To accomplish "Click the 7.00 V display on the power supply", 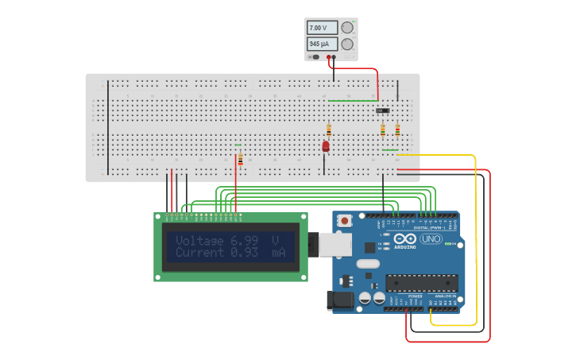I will point(322,27).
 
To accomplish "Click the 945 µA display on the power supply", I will point(322,44).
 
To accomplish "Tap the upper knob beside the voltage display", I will point(347,27).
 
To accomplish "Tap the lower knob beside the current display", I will point(347,44).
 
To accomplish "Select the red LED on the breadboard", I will point(326,146).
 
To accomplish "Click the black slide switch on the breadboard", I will point(383,110).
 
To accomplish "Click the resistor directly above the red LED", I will point(329,130).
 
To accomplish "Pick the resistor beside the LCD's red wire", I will point(241,160).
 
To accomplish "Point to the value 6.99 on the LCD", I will point(244,240).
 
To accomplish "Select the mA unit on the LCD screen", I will point(277,252).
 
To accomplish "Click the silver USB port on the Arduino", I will point(335,244).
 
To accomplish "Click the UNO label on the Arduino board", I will point(431,238).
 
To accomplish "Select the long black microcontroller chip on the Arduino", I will point(421,283).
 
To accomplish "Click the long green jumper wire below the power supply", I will point(353,101).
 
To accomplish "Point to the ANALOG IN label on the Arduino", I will point(446,296).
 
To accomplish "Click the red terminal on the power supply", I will point(328,57).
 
